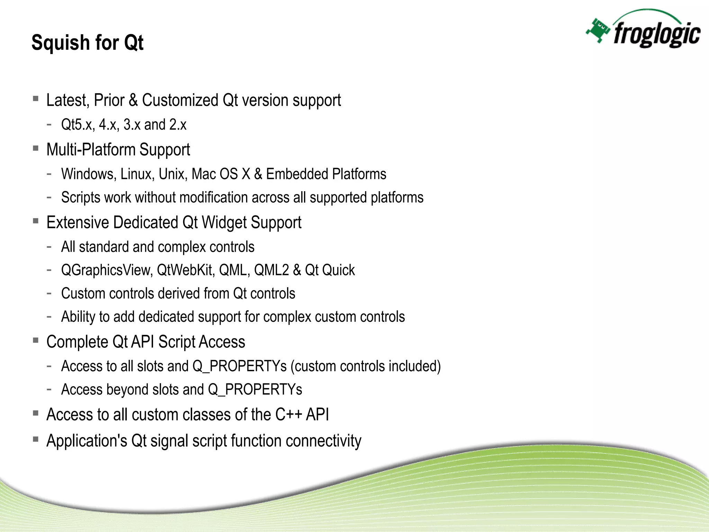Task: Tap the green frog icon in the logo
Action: coord(598,31)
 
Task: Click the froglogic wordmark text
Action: coord(656,35)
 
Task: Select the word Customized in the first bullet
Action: coord(180,100)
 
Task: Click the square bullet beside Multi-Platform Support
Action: coord(35,148)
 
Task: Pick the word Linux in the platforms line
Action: coord(137,174)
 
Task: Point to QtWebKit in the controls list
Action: coord(185,270)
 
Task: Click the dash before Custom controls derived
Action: coord(49,293)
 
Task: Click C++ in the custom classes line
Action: coord(289,415)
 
